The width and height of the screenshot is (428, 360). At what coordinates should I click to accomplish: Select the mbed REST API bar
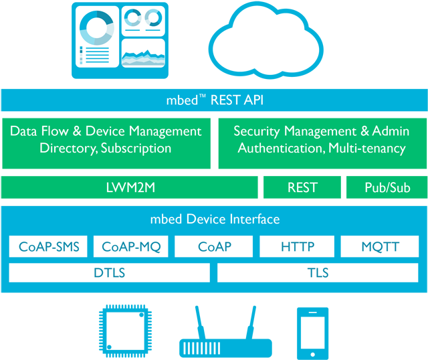pyautogui.click(x=214, y=100)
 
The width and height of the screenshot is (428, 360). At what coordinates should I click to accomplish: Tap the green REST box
pyautogui.click(x=302, y=188)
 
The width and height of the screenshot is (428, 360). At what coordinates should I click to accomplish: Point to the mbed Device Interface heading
pyautogui.click(x=214, y=219)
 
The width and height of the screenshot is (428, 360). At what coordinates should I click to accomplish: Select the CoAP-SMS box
pyautogui.click(x=49, y=246)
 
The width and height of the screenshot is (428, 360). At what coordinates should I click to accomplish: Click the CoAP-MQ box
pyautogui.click(x=131, y=246)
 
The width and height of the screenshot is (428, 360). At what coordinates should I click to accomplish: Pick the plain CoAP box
pyautogui.click(x=214, y=246)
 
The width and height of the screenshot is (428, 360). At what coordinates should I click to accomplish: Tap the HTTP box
pyautogui.click(x=297, y=246)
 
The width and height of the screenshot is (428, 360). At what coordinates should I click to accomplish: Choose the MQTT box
pyautogui.click(x=380, y=246)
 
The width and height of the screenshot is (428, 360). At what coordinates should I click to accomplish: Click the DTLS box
pyautogui.click(x=109, y=272)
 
